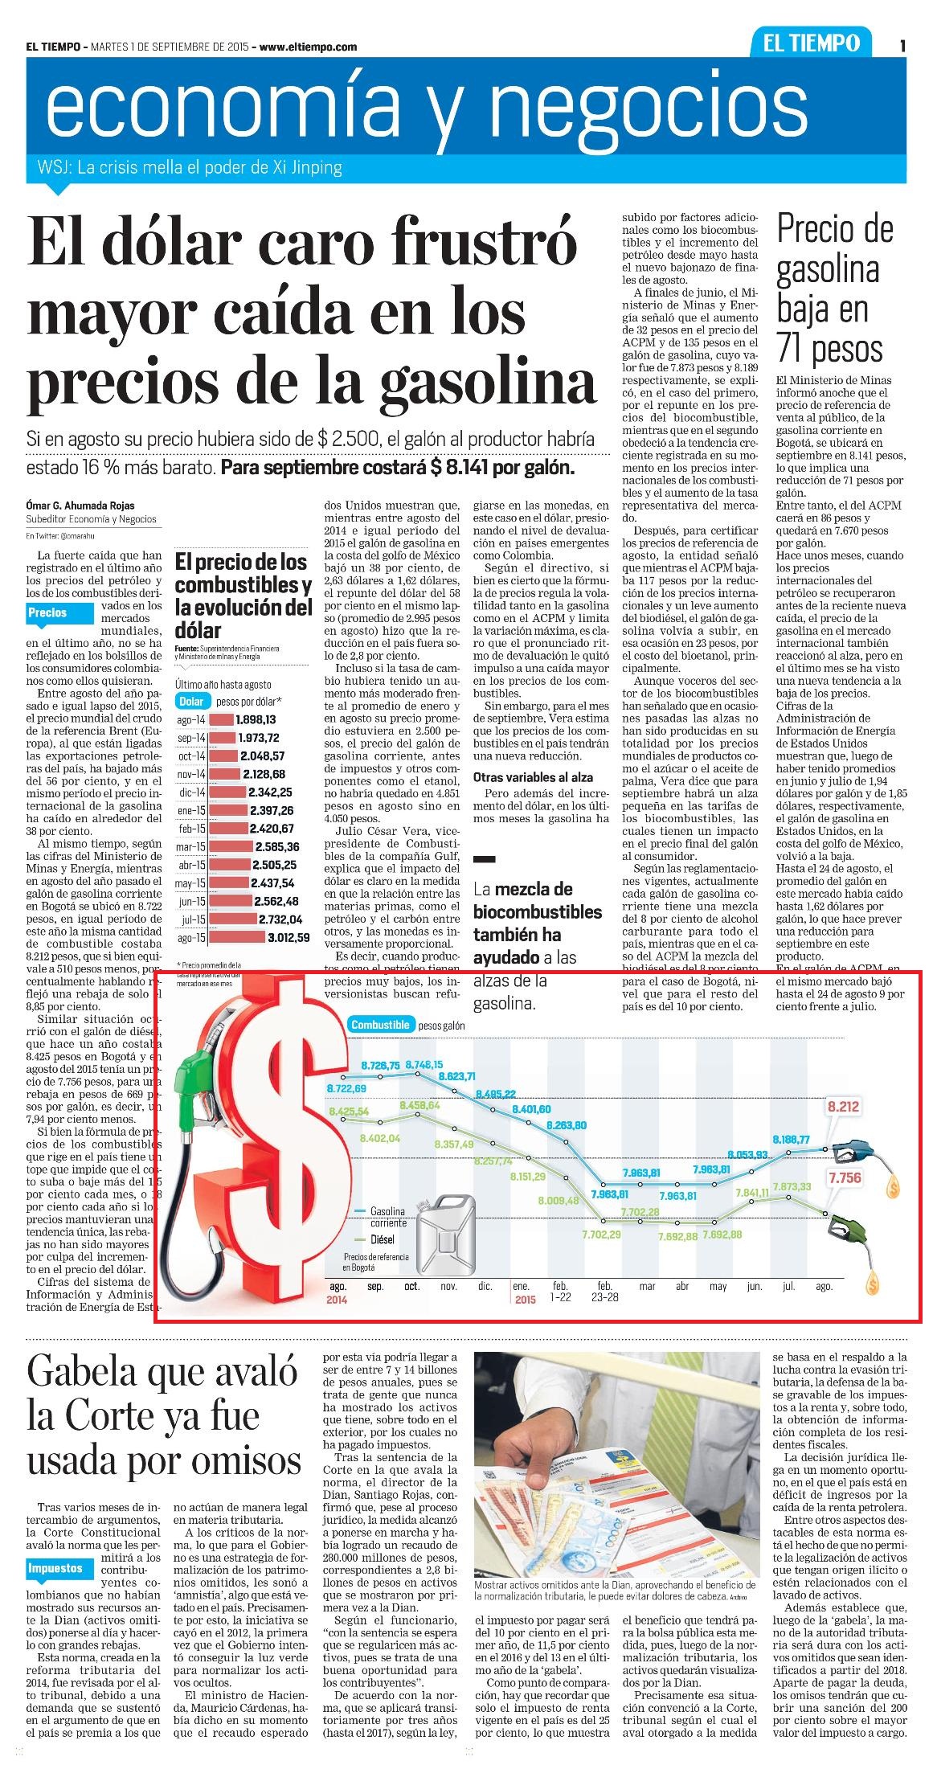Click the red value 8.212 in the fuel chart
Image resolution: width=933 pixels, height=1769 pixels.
pyautogui.click(x=843, y=1107)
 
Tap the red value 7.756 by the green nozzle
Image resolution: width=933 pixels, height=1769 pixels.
pyautogui.click(x=844, y=1178)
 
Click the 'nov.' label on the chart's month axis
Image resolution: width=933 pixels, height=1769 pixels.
pyautogui.click(x=448, y=1286)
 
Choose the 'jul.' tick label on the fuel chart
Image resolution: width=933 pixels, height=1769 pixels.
pyautogui.click(x=788, y=1286)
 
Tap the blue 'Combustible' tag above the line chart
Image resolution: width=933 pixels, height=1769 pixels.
pyautogui.click(x=382, y=1025)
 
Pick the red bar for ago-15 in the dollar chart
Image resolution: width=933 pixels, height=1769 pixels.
pyautogui.click(x=238, y=936)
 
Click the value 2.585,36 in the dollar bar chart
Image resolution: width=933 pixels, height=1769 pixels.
pyautogui.click(x=277, y=846)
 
